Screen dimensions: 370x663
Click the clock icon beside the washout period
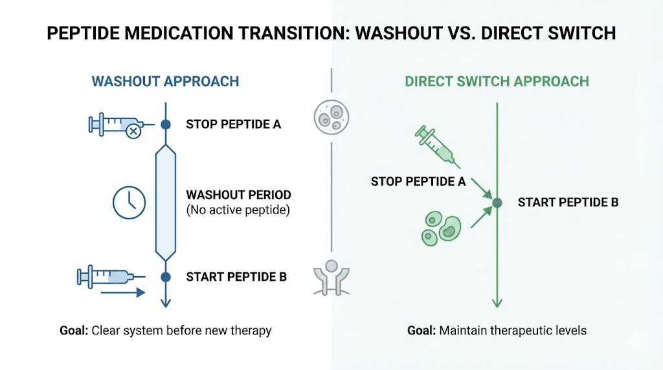pyautogui.click(x=129, y=202)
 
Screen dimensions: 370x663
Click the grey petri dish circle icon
pyautogui.click(x=331, y=116)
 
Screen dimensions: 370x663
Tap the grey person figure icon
pyautogui.click(x=331, y=277)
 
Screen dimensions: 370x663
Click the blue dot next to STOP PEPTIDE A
pyautogui.click(x=165, y=124)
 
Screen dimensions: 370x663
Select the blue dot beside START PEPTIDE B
pyautogui.click(x=165, y=277)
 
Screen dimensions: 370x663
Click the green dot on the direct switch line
pyautogui.click(x=497, y=203)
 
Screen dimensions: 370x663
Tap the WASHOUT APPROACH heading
pyautogui.click(x=165, y=82)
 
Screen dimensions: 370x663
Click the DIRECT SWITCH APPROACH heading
pyautogui.click(x=497, y=82)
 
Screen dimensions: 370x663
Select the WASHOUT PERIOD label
pyautogui.click(x=238, y=195)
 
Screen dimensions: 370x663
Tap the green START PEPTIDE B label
pyautogui.click(x=568, y=202)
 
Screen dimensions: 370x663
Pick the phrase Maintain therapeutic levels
pyautogui.click(x=513, y=331)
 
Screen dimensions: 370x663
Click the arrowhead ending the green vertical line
pyautogui.click(x=497, y=303)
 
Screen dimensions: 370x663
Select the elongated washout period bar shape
pyautogui.click(x=165, y=202)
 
